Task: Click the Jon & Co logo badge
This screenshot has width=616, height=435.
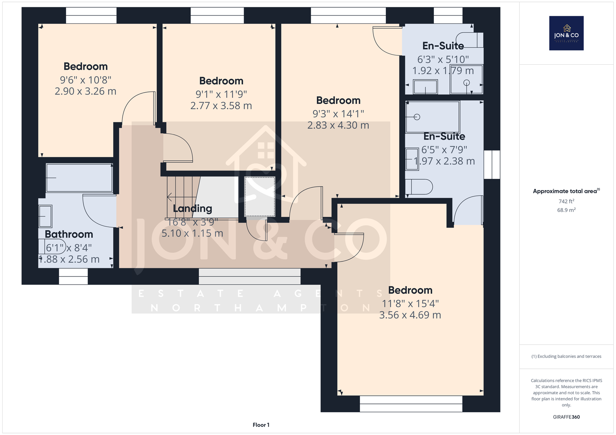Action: [566, 33]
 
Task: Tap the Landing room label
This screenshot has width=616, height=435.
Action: [192, 208]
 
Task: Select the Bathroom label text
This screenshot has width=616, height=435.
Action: [69, 234]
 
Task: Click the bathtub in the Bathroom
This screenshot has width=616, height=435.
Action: [79, 178]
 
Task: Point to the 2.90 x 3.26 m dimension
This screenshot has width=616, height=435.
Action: [85, 91]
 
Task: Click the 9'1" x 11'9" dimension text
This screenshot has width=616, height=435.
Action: [221, 94]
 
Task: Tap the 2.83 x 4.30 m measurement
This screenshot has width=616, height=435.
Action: [338, 125]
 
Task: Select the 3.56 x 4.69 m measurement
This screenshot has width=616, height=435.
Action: [410, 315]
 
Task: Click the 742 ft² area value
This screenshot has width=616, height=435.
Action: [566, 201]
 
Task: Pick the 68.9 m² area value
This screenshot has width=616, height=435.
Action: [566, 210]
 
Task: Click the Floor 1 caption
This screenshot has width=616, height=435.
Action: [261, 425]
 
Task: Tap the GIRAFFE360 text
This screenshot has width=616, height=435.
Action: [566, 417]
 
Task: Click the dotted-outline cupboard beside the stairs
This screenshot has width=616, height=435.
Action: [259, 197]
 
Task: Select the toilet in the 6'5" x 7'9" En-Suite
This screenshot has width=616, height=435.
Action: [419, 187]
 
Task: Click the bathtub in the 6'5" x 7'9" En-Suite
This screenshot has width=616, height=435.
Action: [433, 117]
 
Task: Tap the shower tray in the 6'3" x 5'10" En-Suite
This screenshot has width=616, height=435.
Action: [466, 79]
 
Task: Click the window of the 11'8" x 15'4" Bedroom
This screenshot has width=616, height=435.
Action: [411, 404]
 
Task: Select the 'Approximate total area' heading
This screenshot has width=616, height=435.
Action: [566, 191]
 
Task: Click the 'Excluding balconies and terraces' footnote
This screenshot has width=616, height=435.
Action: [566, 357]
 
